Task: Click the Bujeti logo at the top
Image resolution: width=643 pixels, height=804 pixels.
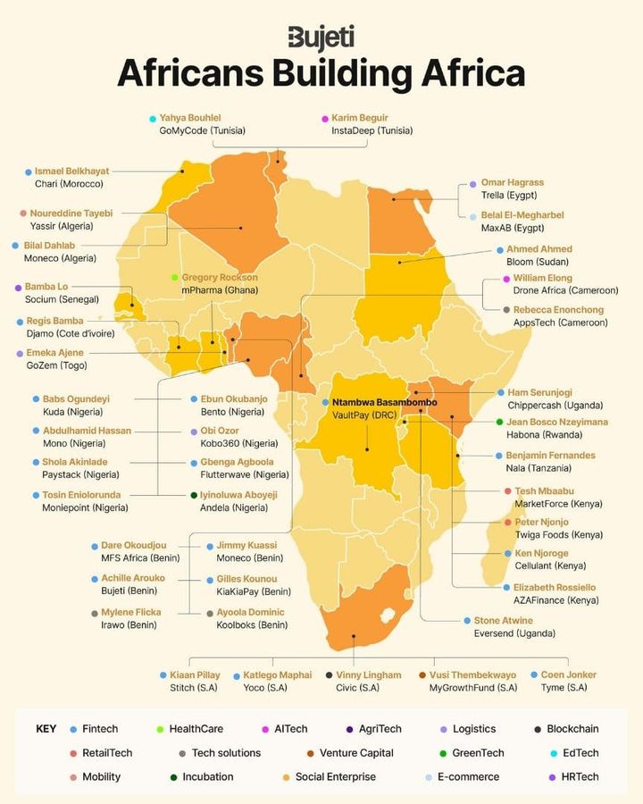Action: [321, 38]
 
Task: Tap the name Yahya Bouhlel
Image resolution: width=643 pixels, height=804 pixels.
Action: [189, 118]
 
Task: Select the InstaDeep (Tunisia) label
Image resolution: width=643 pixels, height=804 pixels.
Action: [372, 130]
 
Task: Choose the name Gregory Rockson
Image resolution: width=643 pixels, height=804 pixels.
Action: [220, 278]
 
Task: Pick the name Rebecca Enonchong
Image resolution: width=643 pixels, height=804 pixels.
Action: [558, 310]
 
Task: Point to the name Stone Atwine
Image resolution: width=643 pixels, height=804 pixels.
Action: [503, 620]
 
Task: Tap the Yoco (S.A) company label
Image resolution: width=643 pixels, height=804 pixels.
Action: [265, 688]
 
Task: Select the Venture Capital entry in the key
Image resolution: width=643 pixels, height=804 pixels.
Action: [356, 753]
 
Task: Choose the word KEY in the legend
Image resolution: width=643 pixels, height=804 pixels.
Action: [46, 729]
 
